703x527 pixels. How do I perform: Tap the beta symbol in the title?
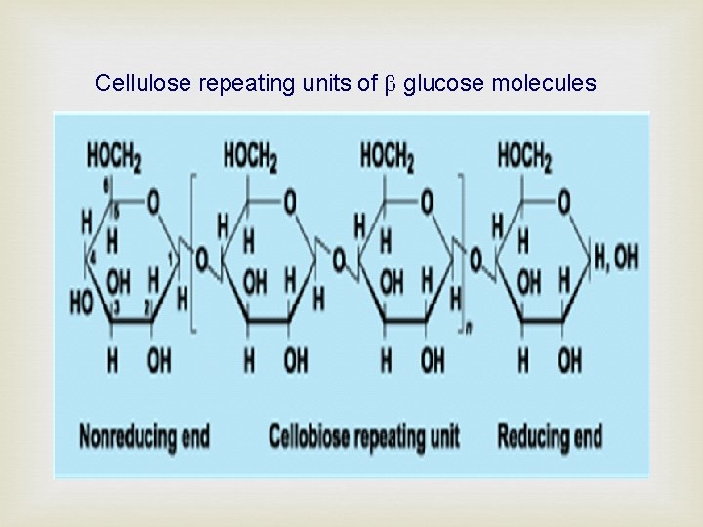(391, 85)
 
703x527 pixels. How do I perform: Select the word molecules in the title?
(543, 84)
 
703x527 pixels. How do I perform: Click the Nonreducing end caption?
(145, 435)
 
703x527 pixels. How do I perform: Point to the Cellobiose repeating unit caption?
(364, 435)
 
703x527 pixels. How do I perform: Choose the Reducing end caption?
(550, 435)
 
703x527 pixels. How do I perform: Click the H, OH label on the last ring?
(615, 258)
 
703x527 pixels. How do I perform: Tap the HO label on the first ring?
(81, 302)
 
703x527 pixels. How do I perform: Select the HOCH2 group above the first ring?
(113, 155)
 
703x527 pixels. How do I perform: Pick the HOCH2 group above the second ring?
(250, 155)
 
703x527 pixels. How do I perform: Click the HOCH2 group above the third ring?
(387, 155)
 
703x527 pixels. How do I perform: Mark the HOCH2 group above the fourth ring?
(524, 155)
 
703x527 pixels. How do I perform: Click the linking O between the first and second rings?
(201, 261)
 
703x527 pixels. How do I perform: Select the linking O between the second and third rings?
(338, 261)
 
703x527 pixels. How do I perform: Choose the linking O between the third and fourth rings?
(476, 261)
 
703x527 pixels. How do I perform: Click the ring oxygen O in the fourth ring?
(563, 203)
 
